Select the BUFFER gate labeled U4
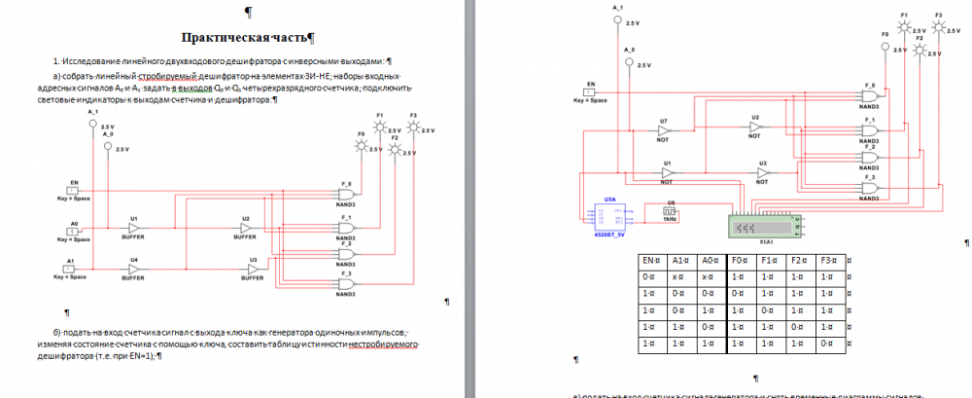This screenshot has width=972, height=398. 133,269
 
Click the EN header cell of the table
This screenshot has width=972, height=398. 649,262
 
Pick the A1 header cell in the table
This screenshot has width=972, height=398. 679,262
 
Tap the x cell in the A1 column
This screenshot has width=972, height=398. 679,277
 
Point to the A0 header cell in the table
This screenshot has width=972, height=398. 710,262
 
